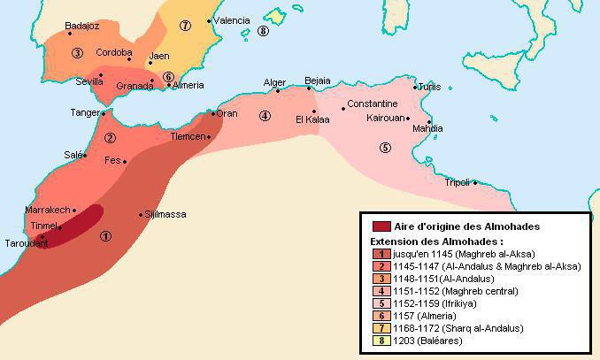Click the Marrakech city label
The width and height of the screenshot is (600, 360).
(48, 210)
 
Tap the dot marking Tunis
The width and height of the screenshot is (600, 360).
(414, 87)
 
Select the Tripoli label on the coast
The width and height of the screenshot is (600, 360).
(457, 182)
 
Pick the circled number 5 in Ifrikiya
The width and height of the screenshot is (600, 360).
(384, 147)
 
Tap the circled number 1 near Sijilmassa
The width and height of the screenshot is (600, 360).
(106, 235)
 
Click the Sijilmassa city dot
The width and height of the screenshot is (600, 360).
(140, 215)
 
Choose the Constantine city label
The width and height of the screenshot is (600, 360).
(373, 103)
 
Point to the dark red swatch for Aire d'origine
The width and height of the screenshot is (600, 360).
(381, 226)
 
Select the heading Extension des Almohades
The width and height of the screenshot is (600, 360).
(436, 241)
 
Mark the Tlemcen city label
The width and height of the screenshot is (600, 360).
(188, 137)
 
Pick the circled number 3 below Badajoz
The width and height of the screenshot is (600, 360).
(78, 53)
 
